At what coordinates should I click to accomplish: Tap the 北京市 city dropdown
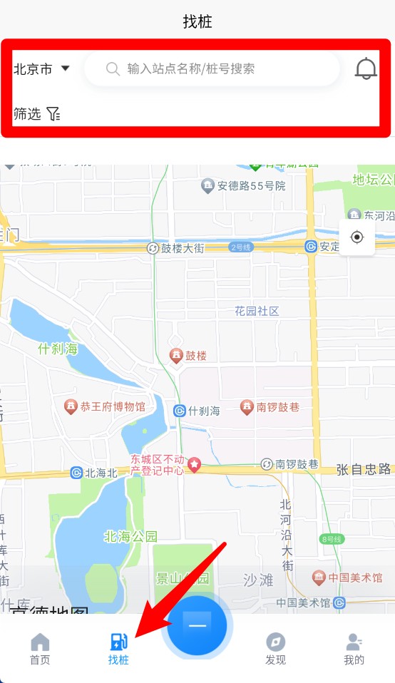(x=41, y=69)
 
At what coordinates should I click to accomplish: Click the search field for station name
(x=212, y=69)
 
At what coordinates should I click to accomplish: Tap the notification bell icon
(x=366, y=69)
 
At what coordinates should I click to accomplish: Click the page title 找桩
(x=197, y=21)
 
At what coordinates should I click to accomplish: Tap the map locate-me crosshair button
(x=357, y=237)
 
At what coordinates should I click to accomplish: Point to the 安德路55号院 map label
(x=243, y=186)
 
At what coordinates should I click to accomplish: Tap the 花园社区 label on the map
(x=257, y=311)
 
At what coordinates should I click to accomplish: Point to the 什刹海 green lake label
(x=57, y=349)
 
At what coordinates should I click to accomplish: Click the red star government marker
(x=194, y=465)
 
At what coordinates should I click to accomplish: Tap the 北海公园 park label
(x=130, y=537)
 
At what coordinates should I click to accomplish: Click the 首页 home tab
(x=40, y=648)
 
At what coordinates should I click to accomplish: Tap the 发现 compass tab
(x=275, y=648)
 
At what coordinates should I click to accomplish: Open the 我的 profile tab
(x=354, y=648)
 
